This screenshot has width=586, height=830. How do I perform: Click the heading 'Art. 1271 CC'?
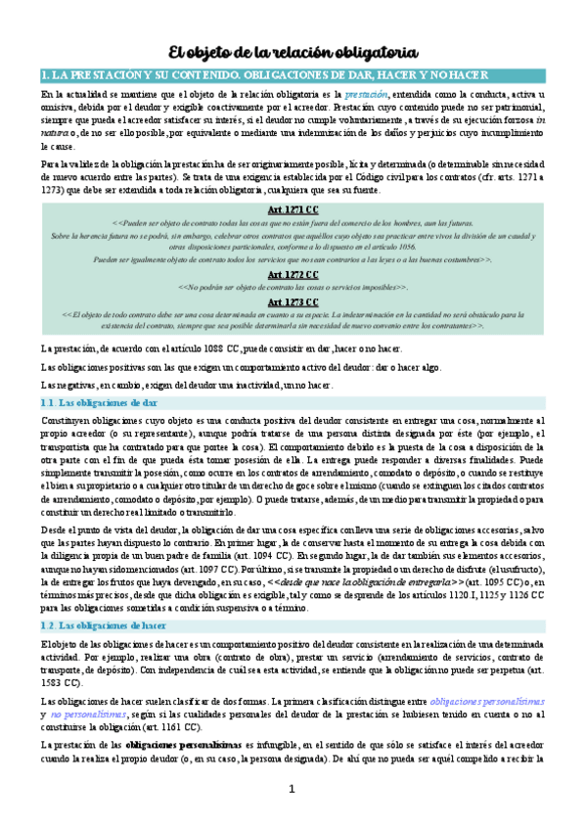tap(293, 210)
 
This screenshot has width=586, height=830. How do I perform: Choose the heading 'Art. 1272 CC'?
tap(293, 275)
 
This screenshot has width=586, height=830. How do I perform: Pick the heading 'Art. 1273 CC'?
tap(293, 301)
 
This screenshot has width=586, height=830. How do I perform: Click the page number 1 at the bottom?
tap(291, 789)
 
